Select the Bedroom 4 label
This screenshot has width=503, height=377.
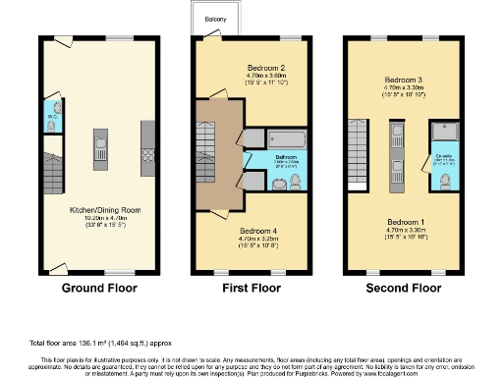[257, 230]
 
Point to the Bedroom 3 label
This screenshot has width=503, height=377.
[405, 79]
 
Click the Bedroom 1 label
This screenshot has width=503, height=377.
[405, 222]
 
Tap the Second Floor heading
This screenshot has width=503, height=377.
[404, 289]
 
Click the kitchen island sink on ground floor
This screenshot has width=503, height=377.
[99, 148]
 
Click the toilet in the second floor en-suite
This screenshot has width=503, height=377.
[447, 179]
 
